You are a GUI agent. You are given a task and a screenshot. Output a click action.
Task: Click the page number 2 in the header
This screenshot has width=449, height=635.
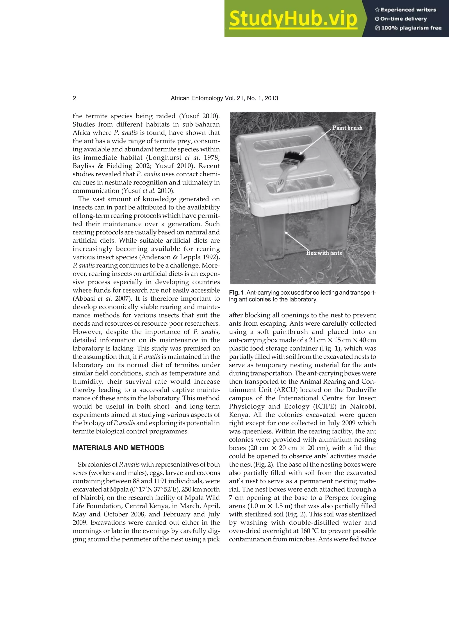74,98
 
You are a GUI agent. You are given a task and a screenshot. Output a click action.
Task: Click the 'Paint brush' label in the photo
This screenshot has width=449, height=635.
347,128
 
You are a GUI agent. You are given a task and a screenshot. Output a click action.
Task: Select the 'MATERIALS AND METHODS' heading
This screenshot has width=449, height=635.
118,448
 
